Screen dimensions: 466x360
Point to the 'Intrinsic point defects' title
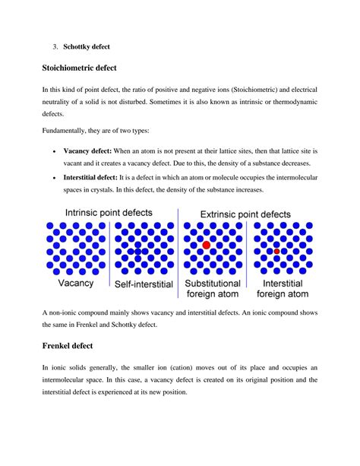click(108, 213)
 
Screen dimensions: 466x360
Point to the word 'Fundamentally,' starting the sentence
click(67, 131)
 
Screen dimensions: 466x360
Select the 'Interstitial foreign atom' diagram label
click(283, 288)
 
